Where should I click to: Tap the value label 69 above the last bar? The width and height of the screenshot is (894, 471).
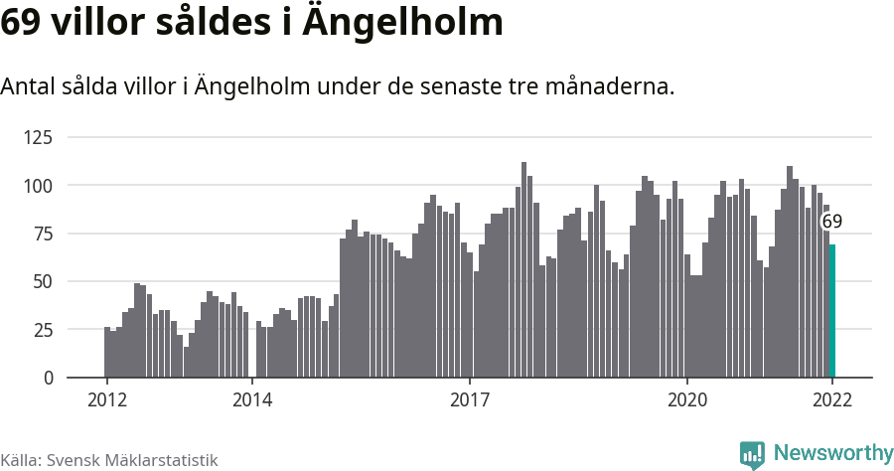832,222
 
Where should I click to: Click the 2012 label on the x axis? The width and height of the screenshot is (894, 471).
107,399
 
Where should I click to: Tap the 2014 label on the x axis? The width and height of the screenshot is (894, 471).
252,399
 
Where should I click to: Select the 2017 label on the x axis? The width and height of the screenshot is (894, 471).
470,399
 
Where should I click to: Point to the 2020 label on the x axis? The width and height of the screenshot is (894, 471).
687,399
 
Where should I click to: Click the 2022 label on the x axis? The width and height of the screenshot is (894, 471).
832,399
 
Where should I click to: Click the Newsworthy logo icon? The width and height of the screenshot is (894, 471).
752,454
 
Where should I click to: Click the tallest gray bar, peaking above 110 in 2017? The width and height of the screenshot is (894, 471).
524,269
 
